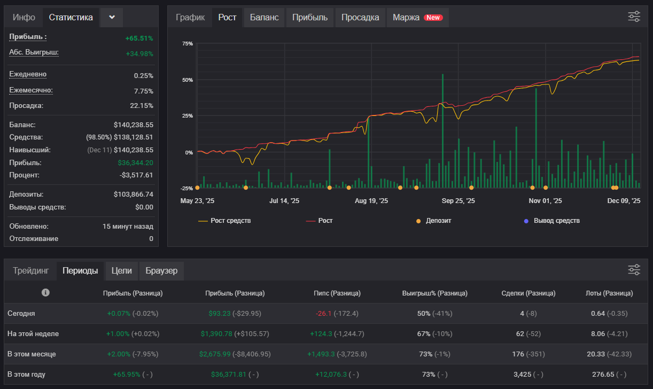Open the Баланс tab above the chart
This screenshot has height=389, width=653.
pos(264,18)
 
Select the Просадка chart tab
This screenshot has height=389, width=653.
pos(360,18)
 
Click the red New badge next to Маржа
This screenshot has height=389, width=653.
pos(433,18)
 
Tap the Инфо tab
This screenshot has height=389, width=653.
pos(24,18)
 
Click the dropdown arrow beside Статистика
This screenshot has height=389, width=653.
pos(112,17)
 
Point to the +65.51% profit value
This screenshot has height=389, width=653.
pos(139,38)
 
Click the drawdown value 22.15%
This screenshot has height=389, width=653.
pos(142,106)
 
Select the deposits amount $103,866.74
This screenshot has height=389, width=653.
pos(133,194)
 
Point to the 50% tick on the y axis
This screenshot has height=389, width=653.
pos(188,80)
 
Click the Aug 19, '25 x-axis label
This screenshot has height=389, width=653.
pos(371,201)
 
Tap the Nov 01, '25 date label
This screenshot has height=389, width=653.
pos(545,201)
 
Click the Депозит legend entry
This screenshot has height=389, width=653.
pos(433,221)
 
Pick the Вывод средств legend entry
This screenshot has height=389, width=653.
pos(551,221)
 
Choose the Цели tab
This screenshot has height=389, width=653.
pos(121,270)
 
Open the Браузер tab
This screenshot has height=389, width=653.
pos(161,270)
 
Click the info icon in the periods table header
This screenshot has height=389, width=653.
pos(45,292)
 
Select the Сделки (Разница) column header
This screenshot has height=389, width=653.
pos(528,293)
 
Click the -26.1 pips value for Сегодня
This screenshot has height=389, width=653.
pos(323,314)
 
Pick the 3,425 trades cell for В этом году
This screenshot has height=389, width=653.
pos(522,375)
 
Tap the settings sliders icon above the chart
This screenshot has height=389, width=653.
pos(634,17)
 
